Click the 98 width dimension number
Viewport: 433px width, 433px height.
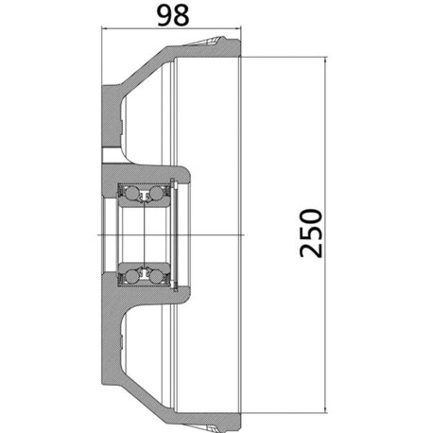pyautogui.click(x=173, y=15)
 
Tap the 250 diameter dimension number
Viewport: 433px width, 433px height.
pyautogui.click(x=311, y=233)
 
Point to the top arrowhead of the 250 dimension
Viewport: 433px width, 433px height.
pyautogui.click(x=326, y=61)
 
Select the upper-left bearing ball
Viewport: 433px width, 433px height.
pyautogui.click(x=131, y=193)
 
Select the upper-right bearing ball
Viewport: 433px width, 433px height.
pyautogui.click(x=156, y=193)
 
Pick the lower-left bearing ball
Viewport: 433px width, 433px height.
pyautogui.click(x=131, y=276)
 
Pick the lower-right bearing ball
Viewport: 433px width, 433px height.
pyautogui.click(x=156, y=276)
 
